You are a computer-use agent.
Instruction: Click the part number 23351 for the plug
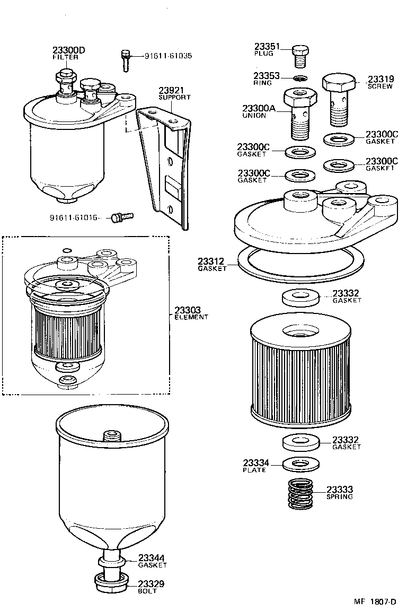click(x=267, y=47)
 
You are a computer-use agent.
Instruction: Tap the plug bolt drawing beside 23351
click(x=300, y=55)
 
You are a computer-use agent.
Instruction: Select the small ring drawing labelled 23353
click(x=300, y=79)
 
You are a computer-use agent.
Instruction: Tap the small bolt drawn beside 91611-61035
click(x=126, y=59)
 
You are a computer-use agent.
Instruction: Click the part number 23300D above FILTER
click(x=68, y=50)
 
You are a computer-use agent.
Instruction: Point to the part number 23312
click(x=211, y=261)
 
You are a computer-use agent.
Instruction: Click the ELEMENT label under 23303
click(x=191, y=317)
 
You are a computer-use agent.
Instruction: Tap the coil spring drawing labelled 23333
click(x=300, y=494)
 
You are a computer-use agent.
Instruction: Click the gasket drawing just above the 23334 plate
click(x=300, y=441)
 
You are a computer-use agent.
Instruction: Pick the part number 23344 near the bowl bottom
click(x=152, y=558)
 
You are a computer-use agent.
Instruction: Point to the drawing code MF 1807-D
click(x=375, y=601)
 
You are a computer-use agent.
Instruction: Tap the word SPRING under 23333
click(x=340, y=497)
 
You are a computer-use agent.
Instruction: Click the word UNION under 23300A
click(x=254, y=116)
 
